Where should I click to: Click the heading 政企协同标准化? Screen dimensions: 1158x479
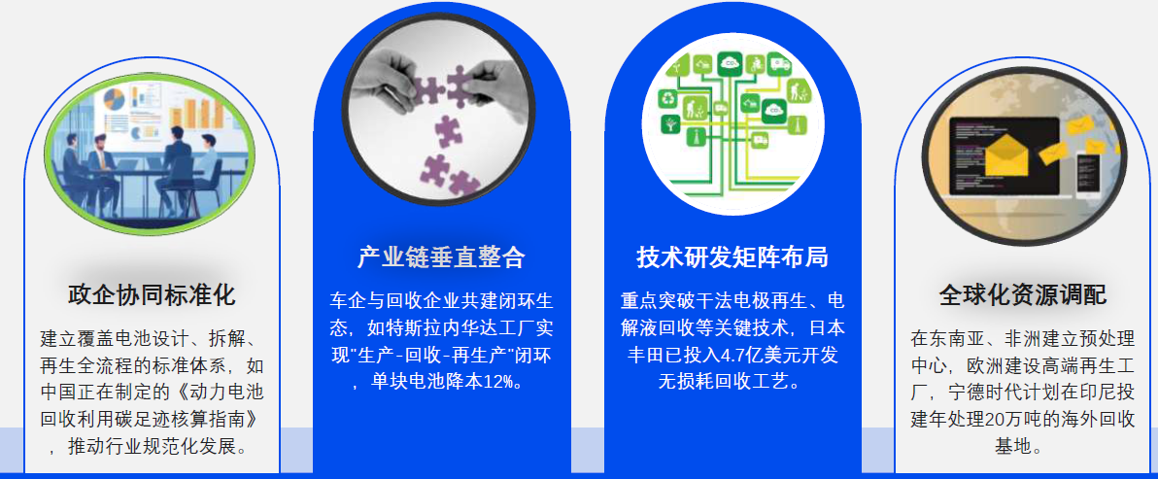click(x=152, y=295)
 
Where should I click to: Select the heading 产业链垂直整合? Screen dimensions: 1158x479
click(x=441, y=257)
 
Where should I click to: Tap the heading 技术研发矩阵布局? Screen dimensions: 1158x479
click(x=732, y=257)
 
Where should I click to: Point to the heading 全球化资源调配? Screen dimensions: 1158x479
click(x=1023, y=295)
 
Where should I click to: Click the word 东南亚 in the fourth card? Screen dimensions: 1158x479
click(x=953, y=339)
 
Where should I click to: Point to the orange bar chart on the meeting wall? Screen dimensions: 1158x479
click(x=199, y=109)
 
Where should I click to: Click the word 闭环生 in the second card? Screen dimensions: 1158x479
click(x=528, y=301)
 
